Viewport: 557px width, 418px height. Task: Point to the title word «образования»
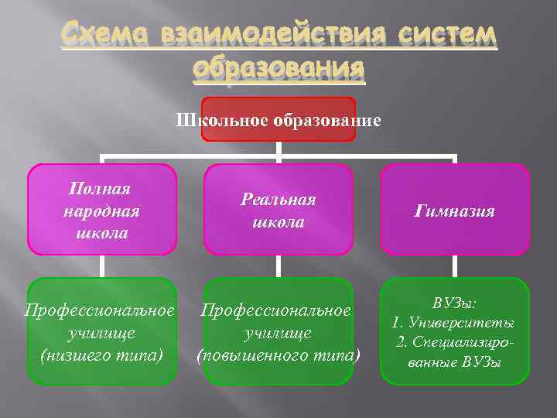click(x=278, y=70)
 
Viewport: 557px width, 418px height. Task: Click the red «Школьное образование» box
click(x=278, y=119)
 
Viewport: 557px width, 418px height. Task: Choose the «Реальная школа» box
click(x=278, y=210)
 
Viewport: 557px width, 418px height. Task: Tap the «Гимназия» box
click(x=455, y=210)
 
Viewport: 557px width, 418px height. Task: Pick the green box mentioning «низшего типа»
click(x=101, y=331)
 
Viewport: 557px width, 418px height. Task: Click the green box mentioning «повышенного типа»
click(x=278, y=331)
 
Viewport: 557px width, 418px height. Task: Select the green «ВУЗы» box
click(x=455, y=331)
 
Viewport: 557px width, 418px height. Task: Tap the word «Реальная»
click(x=278, y=199)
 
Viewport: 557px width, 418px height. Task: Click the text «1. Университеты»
click(x=454, y=322)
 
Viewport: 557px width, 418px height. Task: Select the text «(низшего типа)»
click(x=101, y=355)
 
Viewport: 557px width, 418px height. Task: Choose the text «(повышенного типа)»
click(x=278, y=355)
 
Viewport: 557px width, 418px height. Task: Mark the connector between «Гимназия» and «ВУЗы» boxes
click(x=455, y=266)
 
